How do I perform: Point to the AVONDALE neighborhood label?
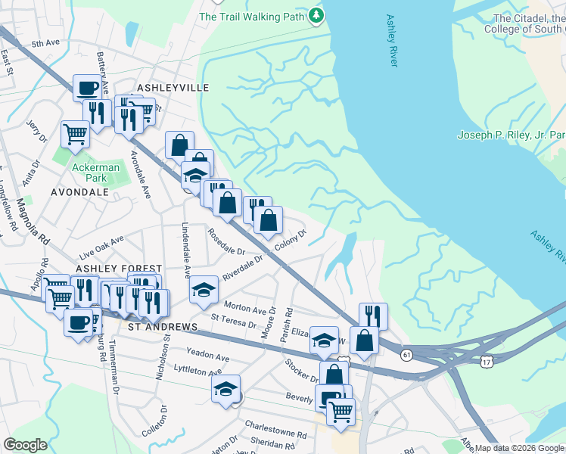coord(79,192)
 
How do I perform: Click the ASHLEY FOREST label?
coord(119,269)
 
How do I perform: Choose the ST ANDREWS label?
coord(163,327)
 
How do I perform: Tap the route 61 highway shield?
coord(407,355)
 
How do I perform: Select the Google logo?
coord(25,445)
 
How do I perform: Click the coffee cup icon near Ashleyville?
coord(87,88)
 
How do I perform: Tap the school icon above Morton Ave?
coord(203,290)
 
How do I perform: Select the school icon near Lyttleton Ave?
coord(225,390)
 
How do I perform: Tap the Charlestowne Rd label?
coord(281,436)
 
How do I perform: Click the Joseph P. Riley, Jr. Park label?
coord(512,135)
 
